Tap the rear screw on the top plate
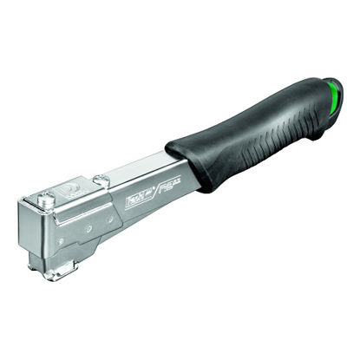coord(101,180)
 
